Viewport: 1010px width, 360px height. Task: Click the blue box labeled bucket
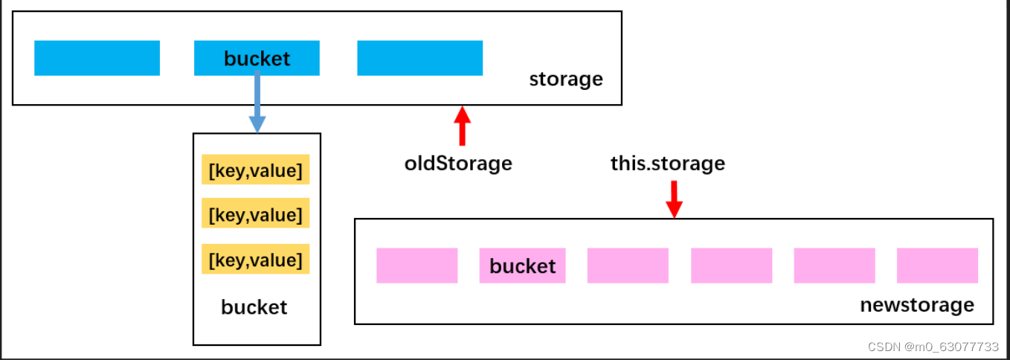click(x=257, y=58)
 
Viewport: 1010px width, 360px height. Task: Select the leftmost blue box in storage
click(x=97, y=58)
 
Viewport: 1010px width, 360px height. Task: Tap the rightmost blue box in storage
click(x=419, y=58)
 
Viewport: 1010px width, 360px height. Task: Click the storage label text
click(x=566, y=80)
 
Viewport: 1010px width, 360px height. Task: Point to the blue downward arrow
click(x=257, y=102)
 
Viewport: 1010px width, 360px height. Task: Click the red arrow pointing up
click(x=462, y=126)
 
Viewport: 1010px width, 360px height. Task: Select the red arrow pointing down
click(x=674, y=199)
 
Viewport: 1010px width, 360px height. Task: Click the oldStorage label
click(x=458, y=164)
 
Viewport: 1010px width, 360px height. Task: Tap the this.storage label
click(x=668, y=164)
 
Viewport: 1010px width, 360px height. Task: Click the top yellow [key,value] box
click(x=256, y=170)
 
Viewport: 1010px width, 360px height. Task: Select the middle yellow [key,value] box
click(x=256, y=213)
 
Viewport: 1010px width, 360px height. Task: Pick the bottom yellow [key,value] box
click(x=256, y=259)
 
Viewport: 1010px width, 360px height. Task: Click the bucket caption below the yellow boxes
click(x=254, y=307)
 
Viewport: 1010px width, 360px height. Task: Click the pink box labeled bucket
click(x=522, y=266)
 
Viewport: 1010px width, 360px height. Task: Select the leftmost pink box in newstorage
click(x=417, y=266)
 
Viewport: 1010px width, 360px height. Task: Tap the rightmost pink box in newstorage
click(x=937, y=266)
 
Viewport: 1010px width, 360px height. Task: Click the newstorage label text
click(x=917, y=305)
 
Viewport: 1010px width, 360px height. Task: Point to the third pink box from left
click(x=628, y=266)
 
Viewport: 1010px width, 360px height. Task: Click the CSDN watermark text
click(x=933, y=347)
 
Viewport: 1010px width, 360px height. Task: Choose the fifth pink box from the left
click(x=834, y=266)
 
